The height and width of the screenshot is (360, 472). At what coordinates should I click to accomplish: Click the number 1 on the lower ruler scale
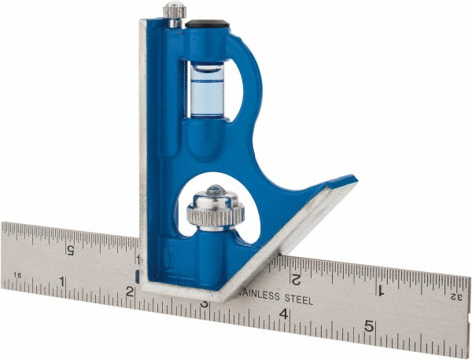(x=62, y=281)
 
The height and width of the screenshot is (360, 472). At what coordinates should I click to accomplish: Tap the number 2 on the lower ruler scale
(x=129, y=292)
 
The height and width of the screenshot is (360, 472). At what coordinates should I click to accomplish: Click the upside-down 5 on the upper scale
(x=70, y=250)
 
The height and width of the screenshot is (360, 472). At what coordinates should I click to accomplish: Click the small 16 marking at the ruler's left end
(x=17, y=277)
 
